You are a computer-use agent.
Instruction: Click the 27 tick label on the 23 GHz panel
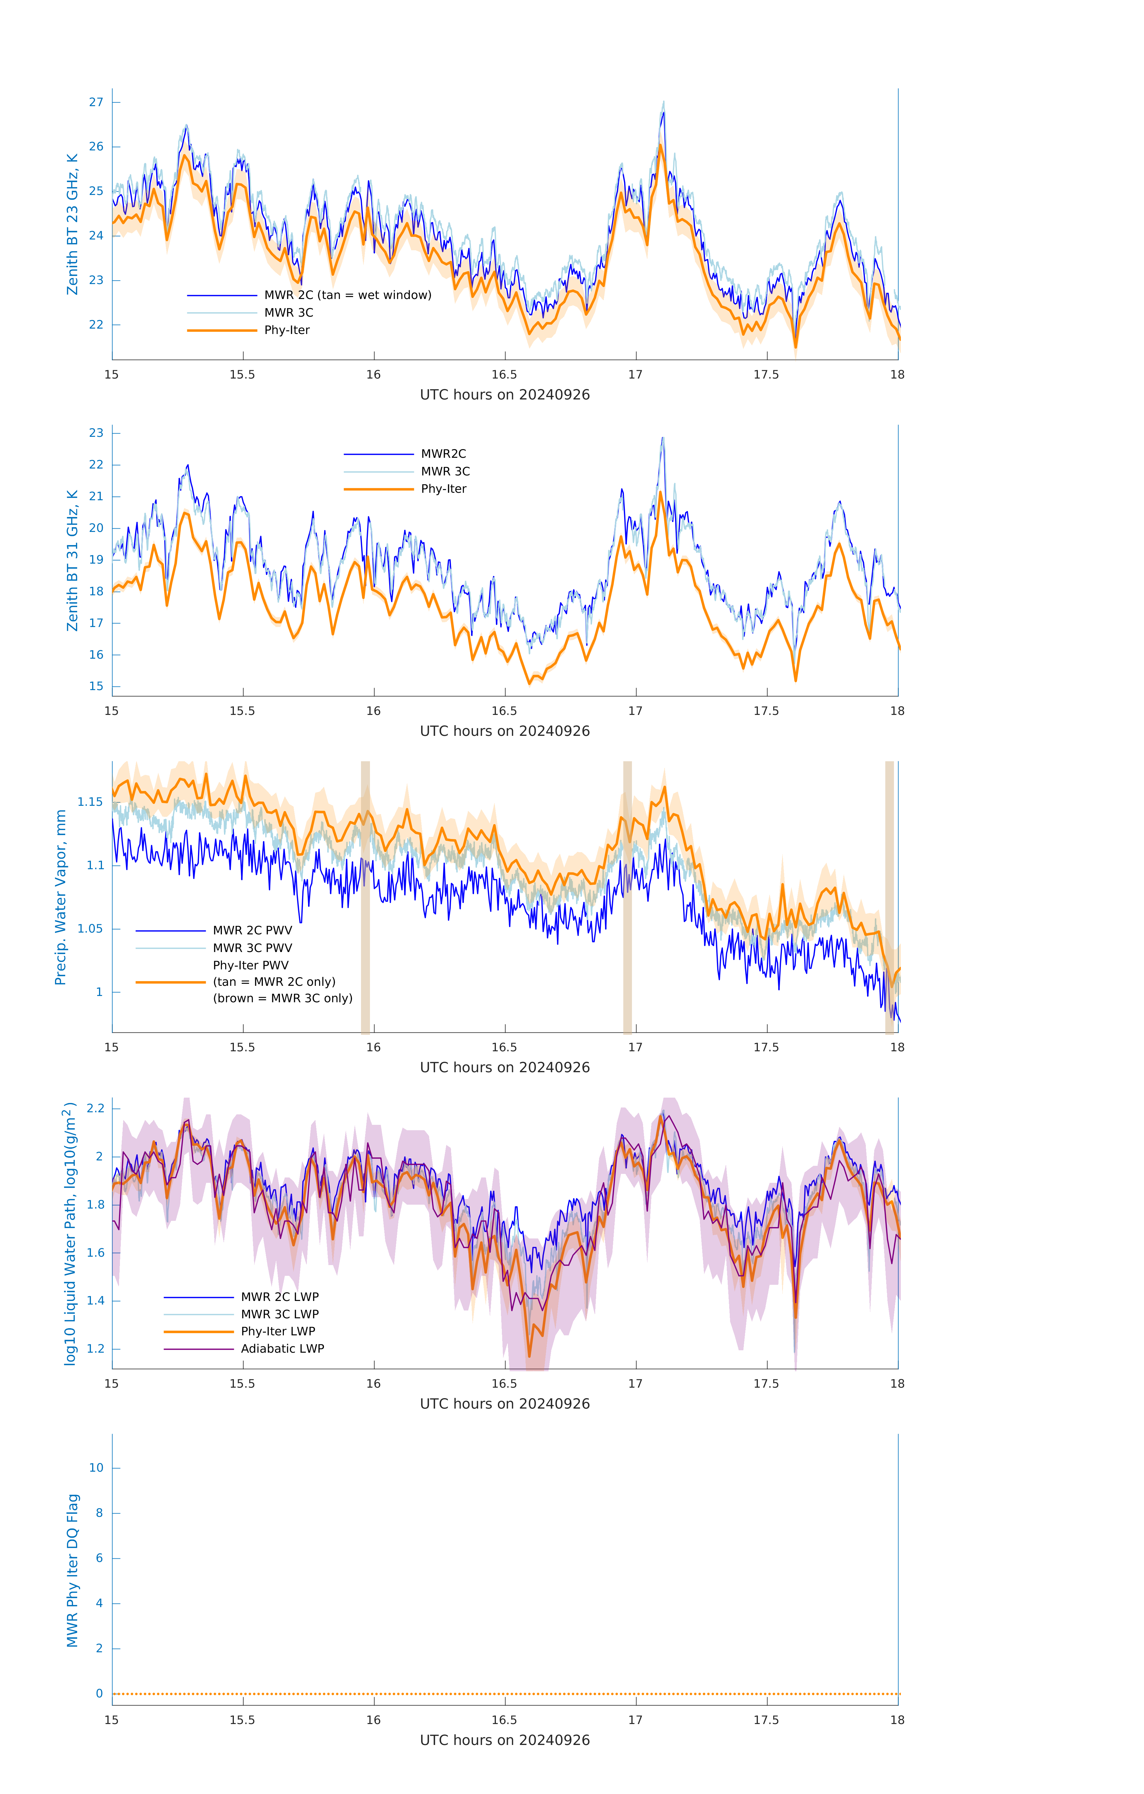coord(96,102)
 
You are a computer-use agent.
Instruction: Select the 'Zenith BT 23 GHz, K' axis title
coord(72,224)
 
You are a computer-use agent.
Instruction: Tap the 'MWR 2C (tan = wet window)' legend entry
coord(347,295)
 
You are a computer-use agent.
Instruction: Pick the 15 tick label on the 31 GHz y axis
coord(96,686)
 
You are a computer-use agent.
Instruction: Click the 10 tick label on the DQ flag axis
coord(96,1468)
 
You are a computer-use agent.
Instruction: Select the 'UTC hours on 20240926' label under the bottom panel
coord(505,1740)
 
